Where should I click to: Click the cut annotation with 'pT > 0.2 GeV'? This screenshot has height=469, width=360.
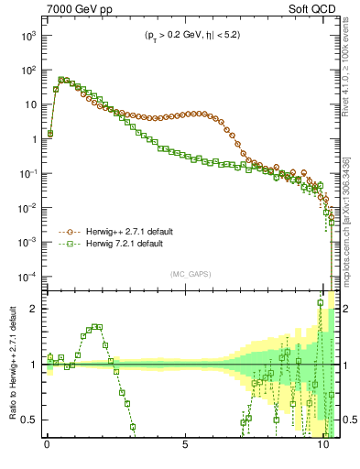(186, 37)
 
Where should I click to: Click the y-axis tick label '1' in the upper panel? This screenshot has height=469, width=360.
(31, 140)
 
